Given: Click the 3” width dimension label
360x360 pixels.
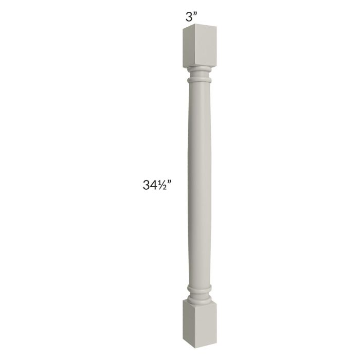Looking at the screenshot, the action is [191, 17].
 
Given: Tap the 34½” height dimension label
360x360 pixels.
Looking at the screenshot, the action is [157, 185].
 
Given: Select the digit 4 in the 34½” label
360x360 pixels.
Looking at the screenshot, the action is [154, 185].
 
